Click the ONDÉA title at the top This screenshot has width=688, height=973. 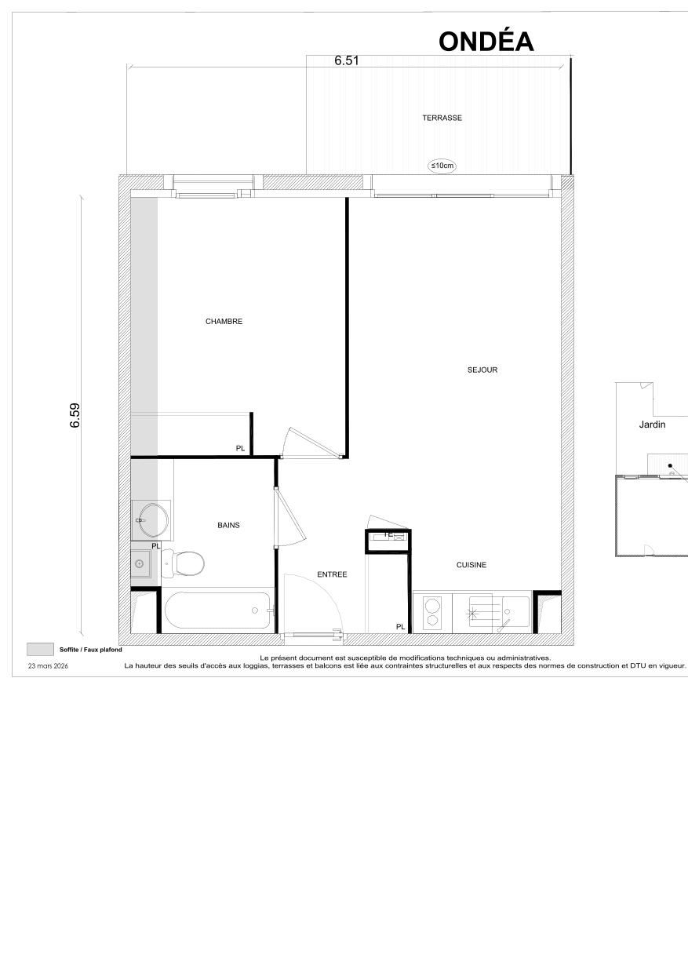(486, 42)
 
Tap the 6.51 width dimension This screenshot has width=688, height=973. (346, 60)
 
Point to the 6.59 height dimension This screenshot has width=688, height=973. (75, 415)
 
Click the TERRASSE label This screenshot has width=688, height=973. (442, 118)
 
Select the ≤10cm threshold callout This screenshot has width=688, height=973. (442, 166)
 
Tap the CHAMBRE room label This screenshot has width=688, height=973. (224, 321)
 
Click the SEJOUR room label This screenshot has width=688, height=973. (482, 370)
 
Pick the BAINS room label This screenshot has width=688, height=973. (228, 525)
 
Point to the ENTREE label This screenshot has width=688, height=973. (332, 574)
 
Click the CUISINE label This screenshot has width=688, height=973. (471, 565)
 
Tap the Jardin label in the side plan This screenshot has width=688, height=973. (651, 425)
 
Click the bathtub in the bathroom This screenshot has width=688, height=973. (217, 610)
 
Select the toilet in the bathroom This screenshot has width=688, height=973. (185, 562)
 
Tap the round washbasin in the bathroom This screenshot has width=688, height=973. (151, 519)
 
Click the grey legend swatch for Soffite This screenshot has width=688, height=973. (40, 649)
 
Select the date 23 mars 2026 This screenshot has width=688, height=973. (48, 665)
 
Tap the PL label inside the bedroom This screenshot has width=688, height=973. (240, 448)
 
